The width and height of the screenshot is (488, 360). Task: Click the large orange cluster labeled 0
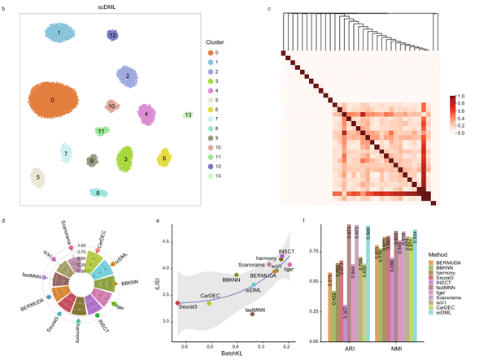click(54, 102)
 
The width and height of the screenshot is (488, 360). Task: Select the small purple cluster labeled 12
click(113, 36)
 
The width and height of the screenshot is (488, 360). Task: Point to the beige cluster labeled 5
click(37, 177)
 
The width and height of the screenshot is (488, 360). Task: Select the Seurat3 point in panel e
click(177, 303)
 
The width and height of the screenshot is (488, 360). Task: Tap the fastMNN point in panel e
click(253, 314)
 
